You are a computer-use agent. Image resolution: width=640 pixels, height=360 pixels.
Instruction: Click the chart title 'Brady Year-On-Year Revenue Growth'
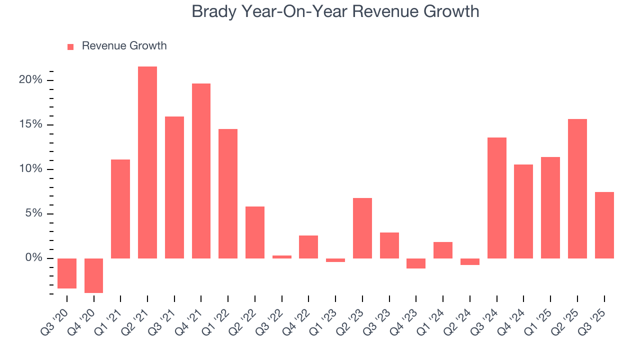tap(335, 11)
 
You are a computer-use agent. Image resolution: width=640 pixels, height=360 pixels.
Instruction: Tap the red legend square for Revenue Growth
tap(70, 46)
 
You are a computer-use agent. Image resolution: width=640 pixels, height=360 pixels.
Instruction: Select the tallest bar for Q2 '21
tap(147, 162)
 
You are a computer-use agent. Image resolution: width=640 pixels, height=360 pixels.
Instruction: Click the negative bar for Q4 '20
tap(94, 275)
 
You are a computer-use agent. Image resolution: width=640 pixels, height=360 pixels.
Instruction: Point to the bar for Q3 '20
tap(67, 273)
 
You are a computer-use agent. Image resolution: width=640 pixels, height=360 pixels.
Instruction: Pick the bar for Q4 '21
tap(201, 171)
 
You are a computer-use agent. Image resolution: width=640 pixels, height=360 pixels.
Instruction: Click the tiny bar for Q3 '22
tap(282, 257)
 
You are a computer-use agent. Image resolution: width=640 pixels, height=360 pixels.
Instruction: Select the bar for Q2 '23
tap(362, 228)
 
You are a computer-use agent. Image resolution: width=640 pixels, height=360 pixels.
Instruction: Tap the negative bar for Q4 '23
tap(416, 263)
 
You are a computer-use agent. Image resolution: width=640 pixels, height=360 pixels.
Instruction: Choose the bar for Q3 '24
tap(496, 198)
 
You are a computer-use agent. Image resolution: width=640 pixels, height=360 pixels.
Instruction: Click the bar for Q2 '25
tap(577, 188)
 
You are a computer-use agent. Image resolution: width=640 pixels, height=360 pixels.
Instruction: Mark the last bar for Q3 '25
tap(604, 225)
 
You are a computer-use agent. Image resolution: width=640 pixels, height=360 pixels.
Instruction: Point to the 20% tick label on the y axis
tap(30, 80)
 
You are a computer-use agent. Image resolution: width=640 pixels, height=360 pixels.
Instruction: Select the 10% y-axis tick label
tap(30, 169)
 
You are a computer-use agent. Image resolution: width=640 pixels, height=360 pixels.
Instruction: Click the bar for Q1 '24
tap(443, 250)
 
